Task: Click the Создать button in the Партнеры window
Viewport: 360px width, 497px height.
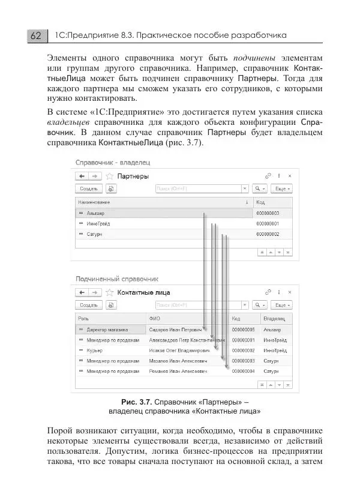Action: pos(89,188)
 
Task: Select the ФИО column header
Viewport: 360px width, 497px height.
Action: pos(155,319)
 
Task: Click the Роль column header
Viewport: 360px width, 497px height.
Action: pos(83,319)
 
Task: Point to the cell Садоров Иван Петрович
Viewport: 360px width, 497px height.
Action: pos(175,330)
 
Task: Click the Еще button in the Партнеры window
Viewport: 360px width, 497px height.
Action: pos(282,188)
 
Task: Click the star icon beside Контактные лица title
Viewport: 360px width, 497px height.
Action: pos(110,292)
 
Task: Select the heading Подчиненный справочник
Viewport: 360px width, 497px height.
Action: pos(116,279)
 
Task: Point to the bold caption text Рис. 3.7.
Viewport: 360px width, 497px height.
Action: pos(136,401)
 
